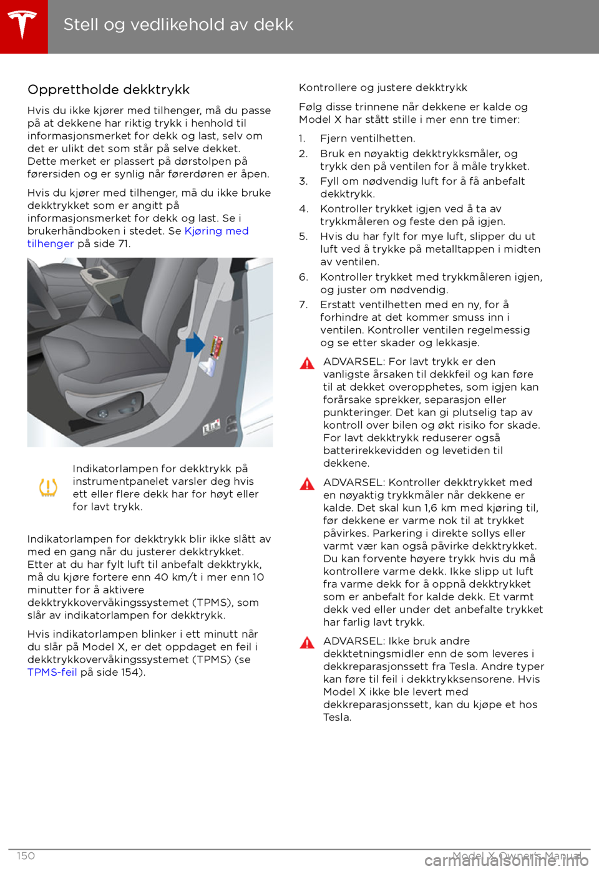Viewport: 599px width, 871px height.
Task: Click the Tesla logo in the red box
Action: [x=23, y=26]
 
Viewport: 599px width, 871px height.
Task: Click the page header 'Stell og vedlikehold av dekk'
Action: [x=178, y=25]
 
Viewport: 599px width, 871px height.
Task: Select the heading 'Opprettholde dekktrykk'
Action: [x=109, y=90]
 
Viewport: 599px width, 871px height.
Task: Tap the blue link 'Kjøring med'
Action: [x=217, y=231]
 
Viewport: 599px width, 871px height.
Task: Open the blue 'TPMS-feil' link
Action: [x=52, y=673]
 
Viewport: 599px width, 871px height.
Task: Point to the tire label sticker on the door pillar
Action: [x=217, y=347]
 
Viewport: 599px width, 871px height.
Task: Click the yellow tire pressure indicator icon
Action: [x=48, y=487]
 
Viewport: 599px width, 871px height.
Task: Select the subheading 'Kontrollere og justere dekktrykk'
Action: [x=383, y=88]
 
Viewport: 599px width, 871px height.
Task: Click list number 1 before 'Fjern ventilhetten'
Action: [x=302, y=139]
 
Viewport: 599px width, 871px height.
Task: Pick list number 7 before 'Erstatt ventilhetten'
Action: [x=303, y=304]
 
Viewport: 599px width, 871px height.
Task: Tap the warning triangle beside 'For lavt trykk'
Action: [x=307, y=363]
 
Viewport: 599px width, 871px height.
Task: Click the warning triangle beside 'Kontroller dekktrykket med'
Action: [x=307, y=484]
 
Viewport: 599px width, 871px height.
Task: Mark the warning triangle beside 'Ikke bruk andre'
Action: [x=307, y=643]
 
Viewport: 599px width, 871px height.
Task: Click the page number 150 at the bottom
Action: [x=26, y=856]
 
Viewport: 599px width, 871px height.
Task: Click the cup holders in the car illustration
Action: [x=103, y=275]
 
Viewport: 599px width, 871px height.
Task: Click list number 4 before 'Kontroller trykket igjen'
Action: [x=303, y=209]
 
